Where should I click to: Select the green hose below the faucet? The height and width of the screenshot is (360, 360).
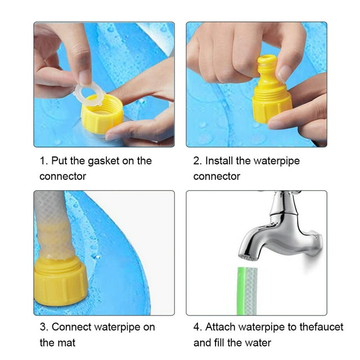[x=247, y=291]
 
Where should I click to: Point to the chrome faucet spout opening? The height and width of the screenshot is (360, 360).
[x=247, y=257]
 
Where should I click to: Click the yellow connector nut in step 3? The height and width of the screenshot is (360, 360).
[x=60, y=281]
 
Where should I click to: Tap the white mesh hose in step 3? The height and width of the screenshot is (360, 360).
[x=53, y=226]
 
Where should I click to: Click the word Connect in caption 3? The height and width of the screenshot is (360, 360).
[x=71, y=327]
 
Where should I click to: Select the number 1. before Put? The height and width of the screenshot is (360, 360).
[x=44, y=161]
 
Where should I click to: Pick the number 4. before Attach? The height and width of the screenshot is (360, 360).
[x=198, y=327]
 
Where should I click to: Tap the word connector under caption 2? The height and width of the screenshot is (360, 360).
[x=217, y=177]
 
